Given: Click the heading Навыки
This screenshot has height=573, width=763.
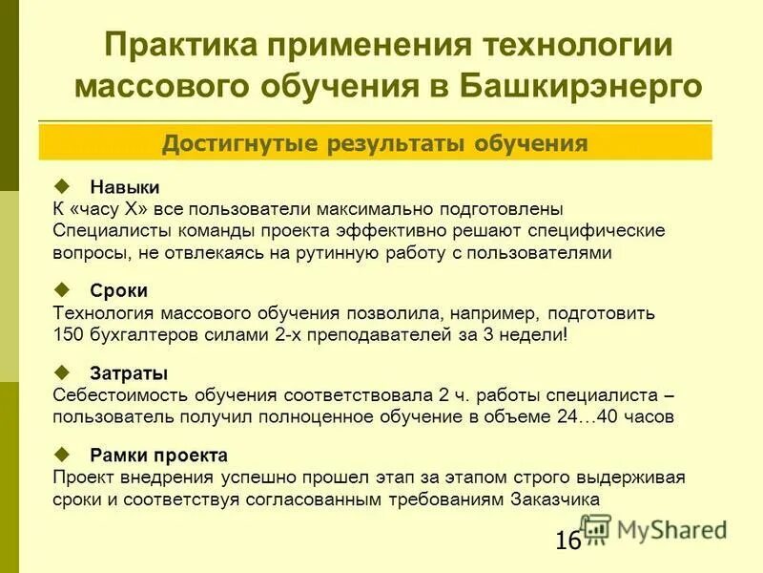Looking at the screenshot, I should pyautogui.click(x=125, y=186).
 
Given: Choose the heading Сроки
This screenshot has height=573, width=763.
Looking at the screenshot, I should pyautogui.click(x=119, y=290).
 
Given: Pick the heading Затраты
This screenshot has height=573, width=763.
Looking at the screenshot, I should pyautogui.click(x=129, y=372).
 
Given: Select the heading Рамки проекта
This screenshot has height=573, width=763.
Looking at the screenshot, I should pyautogui.click(x=159, y=455).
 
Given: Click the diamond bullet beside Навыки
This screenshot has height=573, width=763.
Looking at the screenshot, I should pyautogui.click(x=64, y=184).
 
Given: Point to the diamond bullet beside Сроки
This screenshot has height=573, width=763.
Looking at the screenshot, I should pyautogui.click(x=64, y=288).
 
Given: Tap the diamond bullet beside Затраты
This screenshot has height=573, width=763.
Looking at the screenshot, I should pyautogui.click(x=64, y=371).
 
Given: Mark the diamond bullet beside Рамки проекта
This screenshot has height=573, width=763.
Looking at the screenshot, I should pyautogui.click(x=64, y=453).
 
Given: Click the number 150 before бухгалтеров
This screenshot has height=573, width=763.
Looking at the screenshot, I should pyautogui.click(x=70, y=335).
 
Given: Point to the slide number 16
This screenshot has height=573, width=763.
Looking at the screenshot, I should pyautogui.click(x=567, y=541).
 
